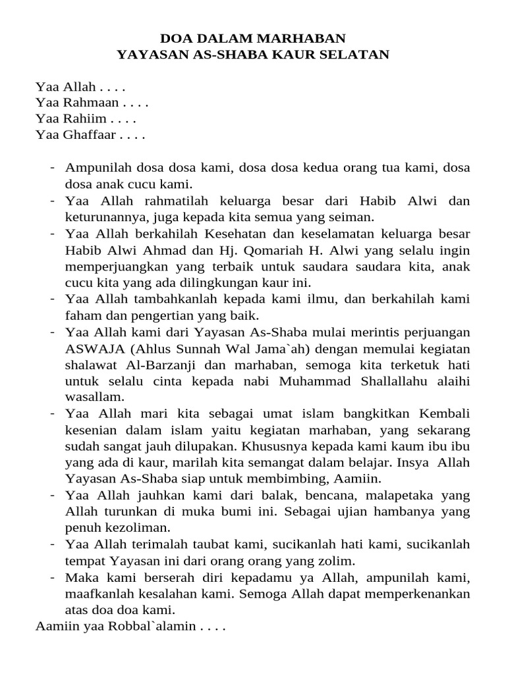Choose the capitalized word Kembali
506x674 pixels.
point(444,413)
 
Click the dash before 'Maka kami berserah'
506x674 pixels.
point(52,577)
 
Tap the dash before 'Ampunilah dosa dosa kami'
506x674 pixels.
point(52,168)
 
